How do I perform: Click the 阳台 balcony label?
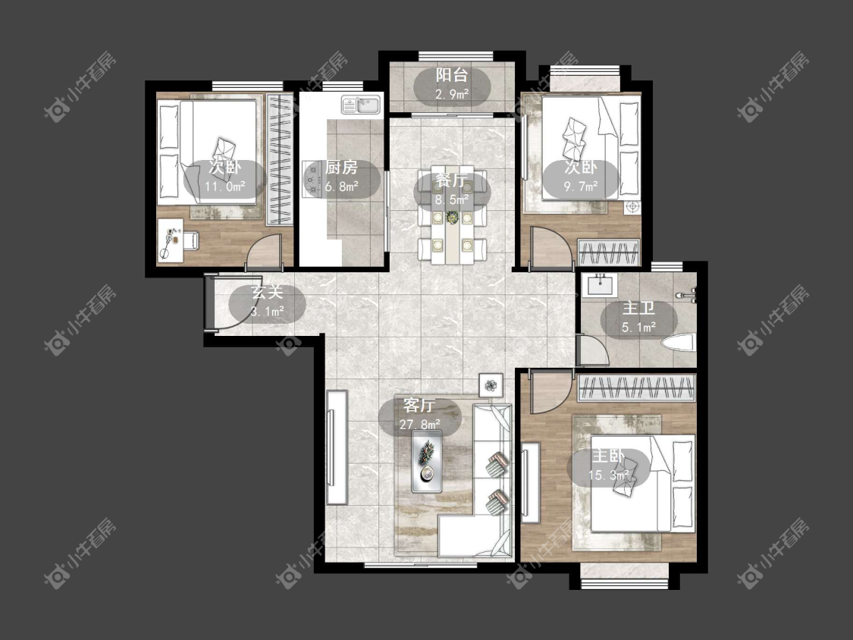coord(452,76)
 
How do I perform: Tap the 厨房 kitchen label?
coord(341,167)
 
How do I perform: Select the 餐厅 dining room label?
coord(452,180)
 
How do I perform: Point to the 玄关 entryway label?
coord(267,292)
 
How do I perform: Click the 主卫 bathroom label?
coord(638,309)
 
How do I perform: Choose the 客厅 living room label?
coord(419,406)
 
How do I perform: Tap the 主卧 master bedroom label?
coord(608,456)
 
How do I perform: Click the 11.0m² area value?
coord(225,187)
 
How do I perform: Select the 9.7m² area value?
coord(581,187)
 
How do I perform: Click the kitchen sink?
coord(362,105)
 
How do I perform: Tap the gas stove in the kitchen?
coord(313,178)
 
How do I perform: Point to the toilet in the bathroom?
coord(679,343)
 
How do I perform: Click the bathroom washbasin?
coord(599,285)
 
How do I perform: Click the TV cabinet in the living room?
coord(337,447)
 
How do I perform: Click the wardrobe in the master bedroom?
coord(636,388)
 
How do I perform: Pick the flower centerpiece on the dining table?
coord(452,218)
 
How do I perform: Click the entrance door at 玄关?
coord(209,303)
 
